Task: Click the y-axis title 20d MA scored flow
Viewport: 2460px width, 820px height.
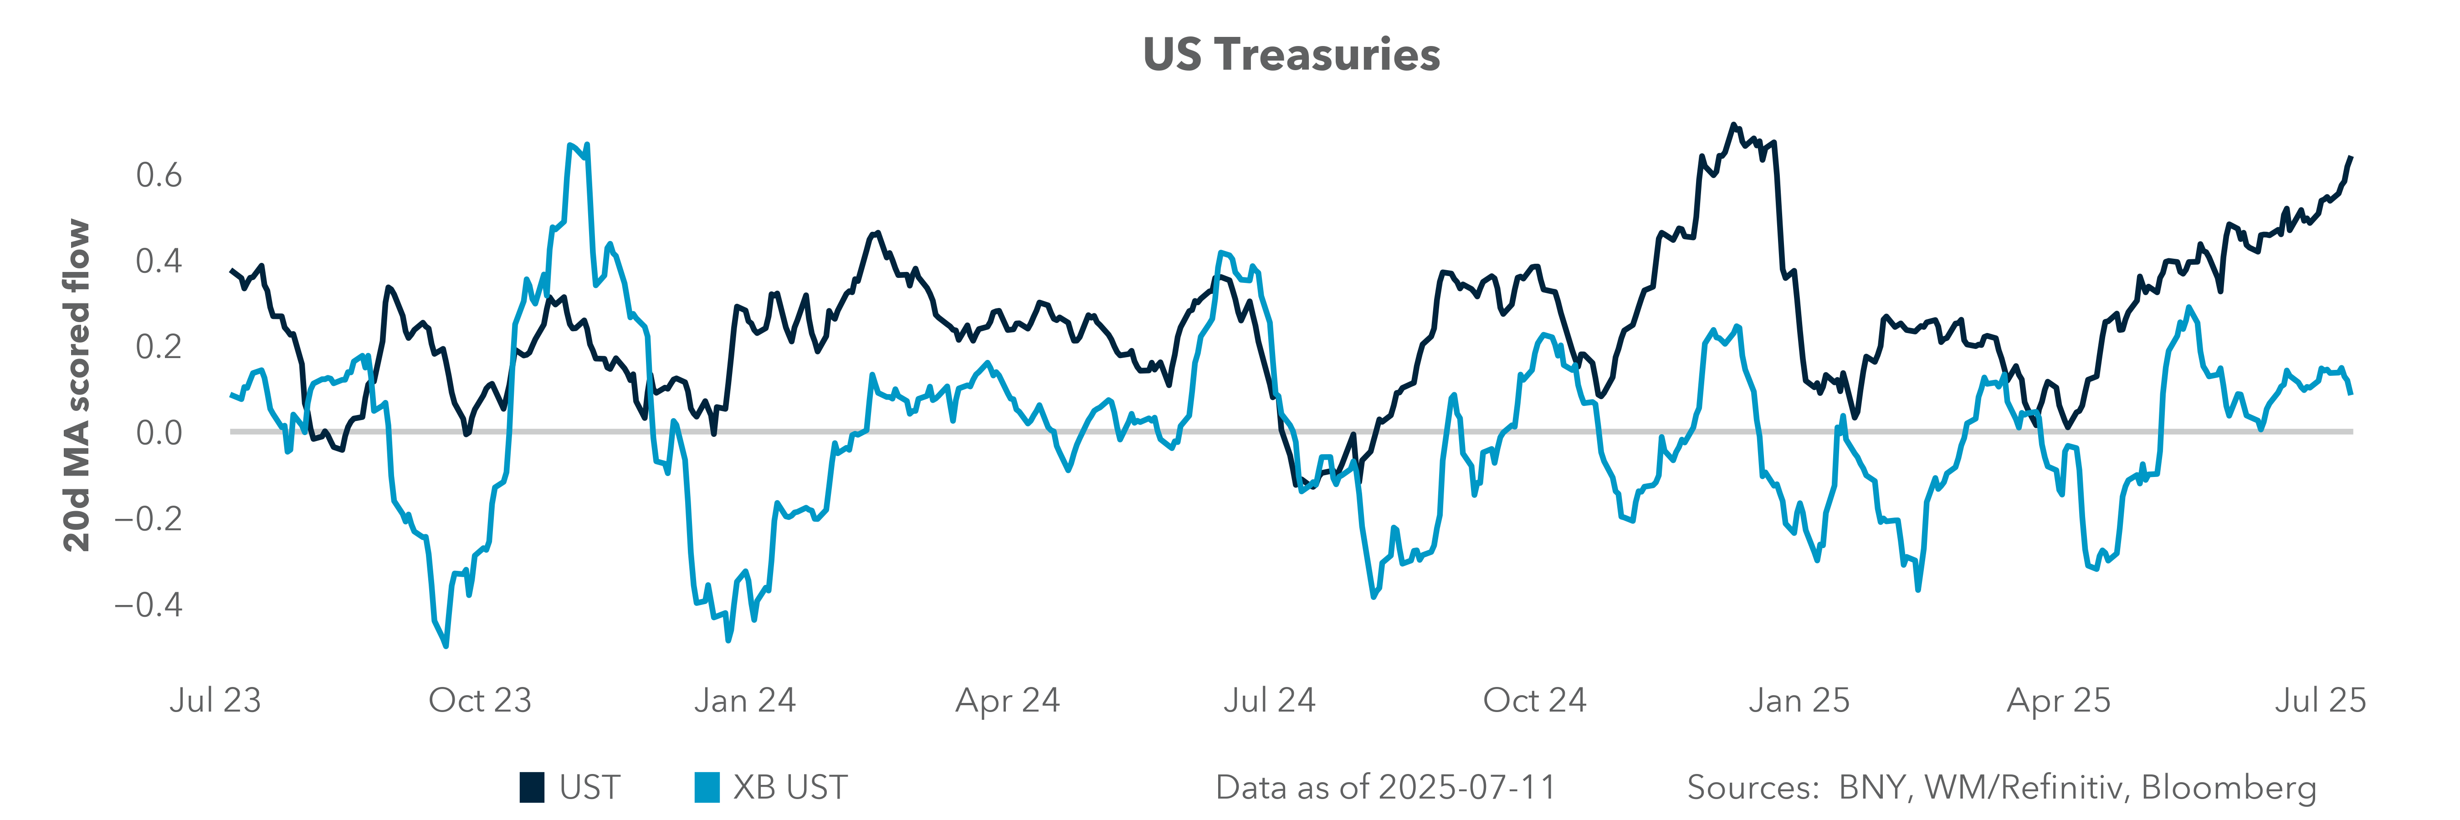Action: click(x=77, y=386)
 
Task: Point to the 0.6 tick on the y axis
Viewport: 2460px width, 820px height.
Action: click(x=159, y=176)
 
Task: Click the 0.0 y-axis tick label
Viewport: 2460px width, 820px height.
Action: click(x=159, y=433)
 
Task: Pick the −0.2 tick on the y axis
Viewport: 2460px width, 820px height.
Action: click(x=148, y=519)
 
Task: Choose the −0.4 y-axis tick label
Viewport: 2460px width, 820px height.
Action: click(x=148, y=605)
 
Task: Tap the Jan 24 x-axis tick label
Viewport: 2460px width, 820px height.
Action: click(x=745, y=701)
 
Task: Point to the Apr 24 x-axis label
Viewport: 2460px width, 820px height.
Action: click(x=1008, y=701)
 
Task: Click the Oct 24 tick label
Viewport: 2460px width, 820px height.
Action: click(x=1535, y=701)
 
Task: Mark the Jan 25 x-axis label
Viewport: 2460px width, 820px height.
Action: click(x=1799, y=701)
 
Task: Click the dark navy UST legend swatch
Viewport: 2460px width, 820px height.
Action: click(x=532, y=788)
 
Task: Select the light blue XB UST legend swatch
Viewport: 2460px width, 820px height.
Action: click(x=707, y=788)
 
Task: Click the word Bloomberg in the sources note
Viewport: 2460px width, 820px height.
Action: click(x=2228, y=788)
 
